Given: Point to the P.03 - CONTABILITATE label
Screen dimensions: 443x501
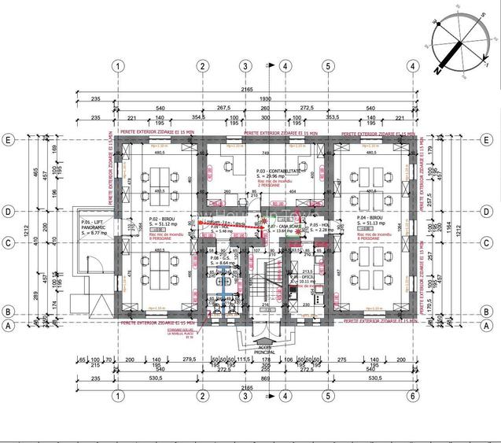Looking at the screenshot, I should [277, 171].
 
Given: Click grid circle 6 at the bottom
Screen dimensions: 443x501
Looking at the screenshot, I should [411, 396].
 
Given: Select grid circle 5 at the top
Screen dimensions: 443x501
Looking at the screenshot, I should [326, 65].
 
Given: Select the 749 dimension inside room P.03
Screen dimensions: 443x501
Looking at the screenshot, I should [267, 153].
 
